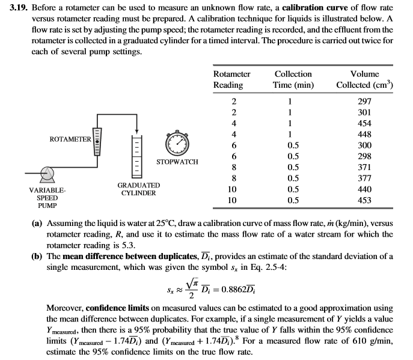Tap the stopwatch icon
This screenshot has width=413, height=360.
[179, 142]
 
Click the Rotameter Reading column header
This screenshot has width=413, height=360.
[231, 79]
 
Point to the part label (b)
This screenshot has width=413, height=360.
[36, 255]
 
